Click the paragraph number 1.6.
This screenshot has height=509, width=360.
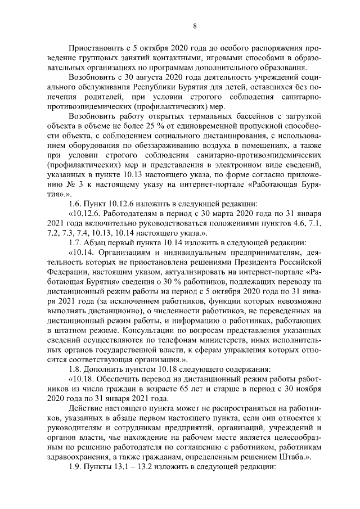click(x=76, y=205)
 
